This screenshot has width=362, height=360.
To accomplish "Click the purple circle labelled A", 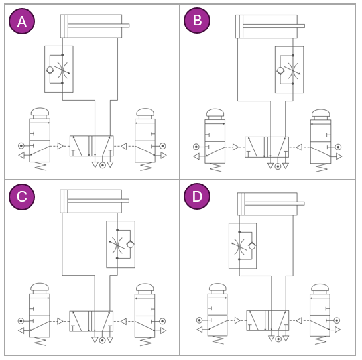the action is tap(22, 21).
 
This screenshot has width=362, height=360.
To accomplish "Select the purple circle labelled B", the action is tap(197, 21).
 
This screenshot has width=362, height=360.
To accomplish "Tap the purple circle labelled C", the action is tap(22, 197).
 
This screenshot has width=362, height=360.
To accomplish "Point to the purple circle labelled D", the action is tap(197, 196).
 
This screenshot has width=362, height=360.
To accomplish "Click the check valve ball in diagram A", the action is tap(50, 70).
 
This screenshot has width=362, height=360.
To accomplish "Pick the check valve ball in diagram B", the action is tap(280, 70).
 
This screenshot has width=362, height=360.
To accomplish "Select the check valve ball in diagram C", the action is tap(130, 245).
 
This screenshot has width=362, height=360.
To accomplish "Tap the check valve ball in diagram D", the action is tap(252, 246).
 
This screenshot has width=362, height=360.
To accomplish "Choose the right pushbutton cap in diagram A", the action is tap(145, 112).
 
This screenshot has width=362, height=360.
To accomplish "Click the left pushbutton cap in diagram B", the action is tap(215, 113).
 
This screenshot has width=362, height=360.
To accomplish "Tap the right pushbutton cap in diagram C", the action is tap(145, 288).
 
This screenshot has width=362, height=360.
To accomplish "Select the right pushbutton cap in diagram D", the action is tap(320, 288).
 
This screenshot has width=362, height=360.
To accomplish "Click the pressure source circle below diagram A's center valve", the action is tap(103, 165).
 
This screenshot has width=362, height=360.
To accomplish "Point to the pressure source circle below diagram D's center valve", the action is tap(278, 339).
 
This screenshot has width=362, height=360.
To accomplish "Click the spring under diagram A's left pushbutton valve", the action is tap(40, 166).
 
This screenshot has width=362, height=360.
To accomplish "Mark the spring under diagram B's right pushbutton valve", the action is tap(321, 168).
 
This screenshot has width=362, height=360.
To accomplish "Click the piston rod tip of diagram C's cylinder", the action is tap(129, 200).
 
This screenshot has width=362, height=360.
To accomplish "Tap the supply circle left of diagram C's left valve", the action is tap(21, 321).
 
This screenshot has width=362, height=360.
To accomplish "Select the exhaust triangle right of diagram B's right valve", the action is tap(339, 156).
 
